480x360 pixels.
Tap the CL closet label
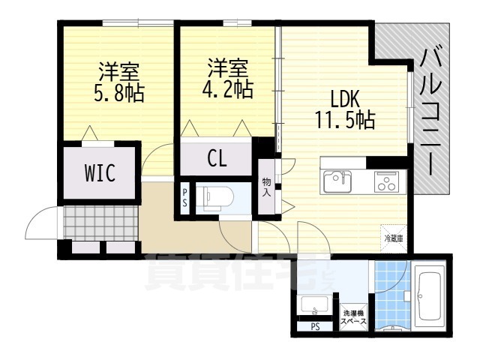pyautogui.click(x=217, y=160)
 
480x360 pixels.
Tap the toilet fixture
pyautogui.click(x=217, y=196)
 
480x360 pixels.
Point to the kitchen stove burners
pyautogui.click(x=387, y=182)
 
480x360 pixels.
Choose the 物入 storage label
pyautogui.click(x=266, y=187)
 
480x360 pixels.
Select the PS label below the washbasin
pyautogui.click(x=316, y=326)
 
